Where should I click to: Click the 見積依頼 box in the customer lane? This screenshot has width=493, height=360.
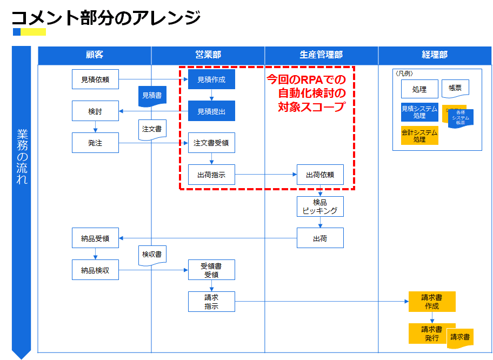pos(95,79)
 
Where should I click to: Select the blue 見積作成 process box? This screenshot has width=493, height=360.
pos(211,79)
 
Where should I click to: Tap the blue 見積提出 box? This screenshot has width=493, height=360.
pos(211,111)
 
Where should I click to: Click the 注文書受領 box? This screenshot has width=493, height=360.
pos(211,143)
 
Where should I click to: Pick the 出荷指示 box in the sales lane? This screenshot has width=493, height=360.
pos(211,175)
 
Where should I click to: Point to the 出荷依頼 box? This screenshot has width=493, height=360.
pos(320,175)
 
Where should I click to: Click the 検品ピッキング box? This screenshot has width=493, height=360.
pos(320,206)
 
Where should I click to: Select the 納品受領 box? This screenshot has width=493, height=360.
pos(95,238)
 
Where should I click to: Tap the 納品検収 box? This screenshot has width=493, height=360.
pos(95,270)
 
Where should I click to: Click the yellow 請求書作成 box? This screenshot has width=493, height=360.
pos(431,302)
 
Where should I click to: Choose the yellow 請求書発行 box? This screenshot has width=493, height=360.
pos(427,334)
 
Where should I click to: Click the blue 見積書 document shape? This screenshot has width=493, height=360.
pos(152,96)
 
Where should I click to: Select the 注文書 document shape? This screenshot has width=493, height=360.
pos(152,130)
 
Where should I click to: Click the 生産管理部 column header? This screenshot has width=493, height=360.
pos(321,55)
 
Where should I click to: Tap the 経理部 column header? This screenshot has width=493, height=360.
pos(435,55)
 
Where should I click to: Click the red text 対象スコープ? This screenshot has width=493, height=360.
pos(311,107)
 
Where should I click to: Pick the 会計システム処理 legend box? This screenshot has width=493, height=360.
pos(419,135)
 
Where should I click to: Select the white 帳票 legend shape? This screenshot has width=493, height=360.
pos(455,89)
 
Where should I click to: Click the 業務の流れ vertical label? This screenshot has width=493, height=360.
pos(22,157)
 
